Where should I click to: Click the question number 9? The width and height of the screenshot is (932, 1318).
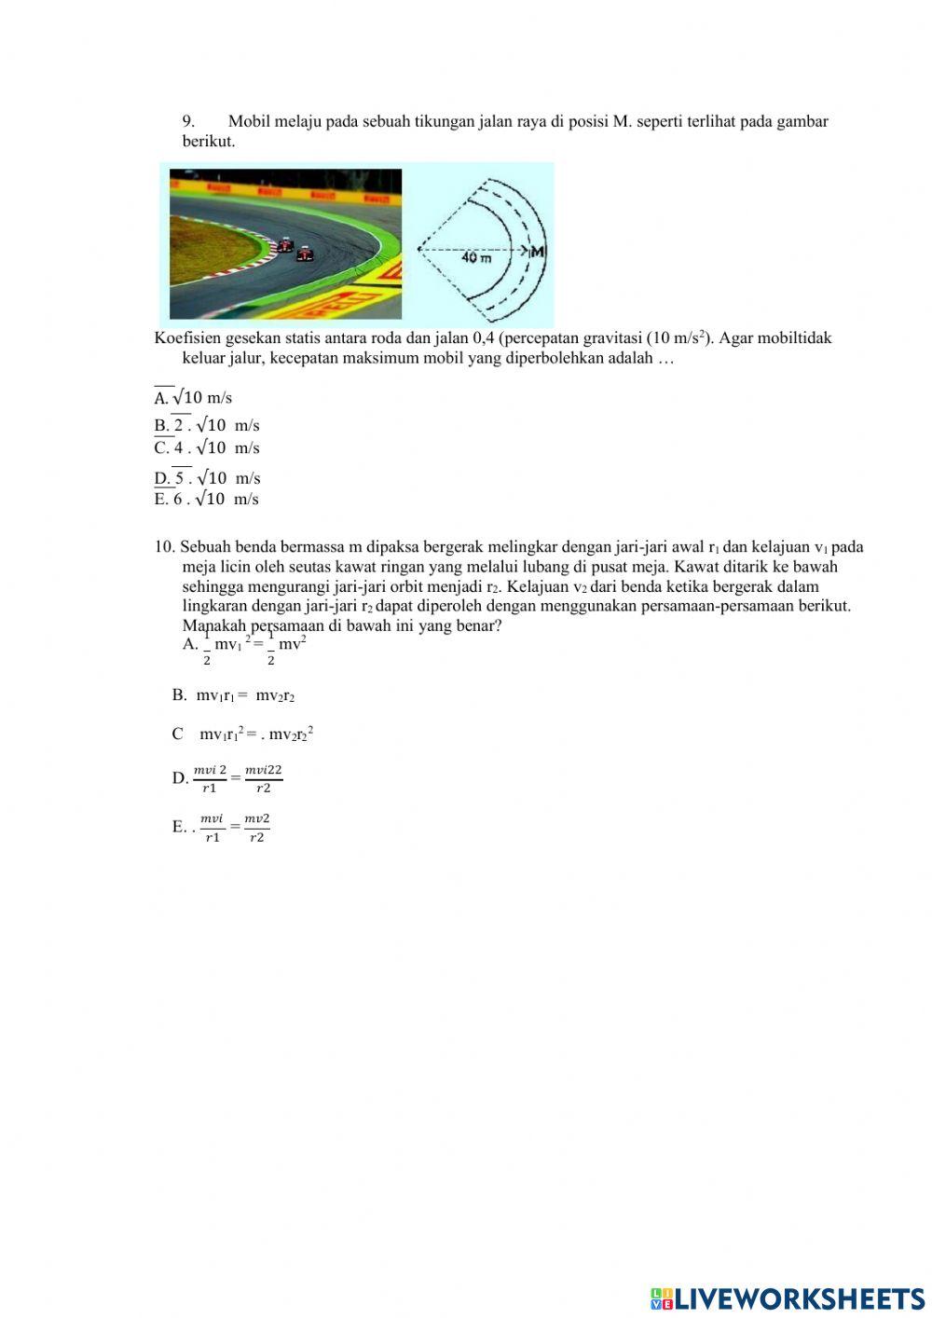pos(187,121)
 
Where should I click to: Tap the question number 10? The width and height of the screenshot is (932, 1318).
pos(164,547)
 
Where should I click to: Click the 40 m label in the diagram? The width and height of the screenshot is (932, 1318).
pos(476,257)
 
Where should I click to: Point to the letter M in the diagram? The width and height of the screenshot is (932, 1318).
pos(538,252)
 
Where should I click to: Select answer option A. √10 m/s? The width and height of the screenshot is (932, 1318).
pos(193,398)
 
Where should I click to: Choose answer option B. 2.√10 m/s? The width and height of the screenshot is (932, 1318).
pos(207,426)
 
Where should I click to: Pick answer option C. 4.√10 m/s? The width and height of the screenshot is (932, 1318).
pos(207,448)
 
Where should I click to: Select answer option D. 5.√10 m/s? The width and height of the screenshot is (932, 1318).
pos(207,478)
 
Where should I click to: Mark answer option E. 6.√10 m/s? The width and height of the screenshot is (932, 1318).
pos(207,500)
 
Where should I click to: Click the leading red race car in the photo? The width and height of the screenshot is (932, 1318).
pos(305,253)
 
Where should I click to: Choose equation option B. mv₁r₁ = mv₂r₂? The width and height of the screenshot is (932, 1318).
pos(234,695)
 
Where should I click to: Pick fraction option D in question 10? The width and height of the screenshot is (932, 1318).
pos(228,778)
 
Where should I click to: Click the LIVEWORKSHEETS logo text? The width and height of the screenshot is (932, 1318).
pos(788,1298)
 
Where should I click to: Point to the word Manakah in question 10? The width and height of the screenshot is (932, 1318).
pos(212,625)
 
